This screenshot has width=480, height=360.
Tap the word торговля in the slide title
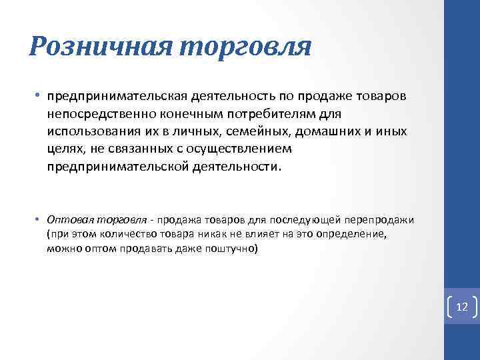point(247,46)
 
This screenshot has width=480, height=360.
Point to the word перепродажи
point(382,219)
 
